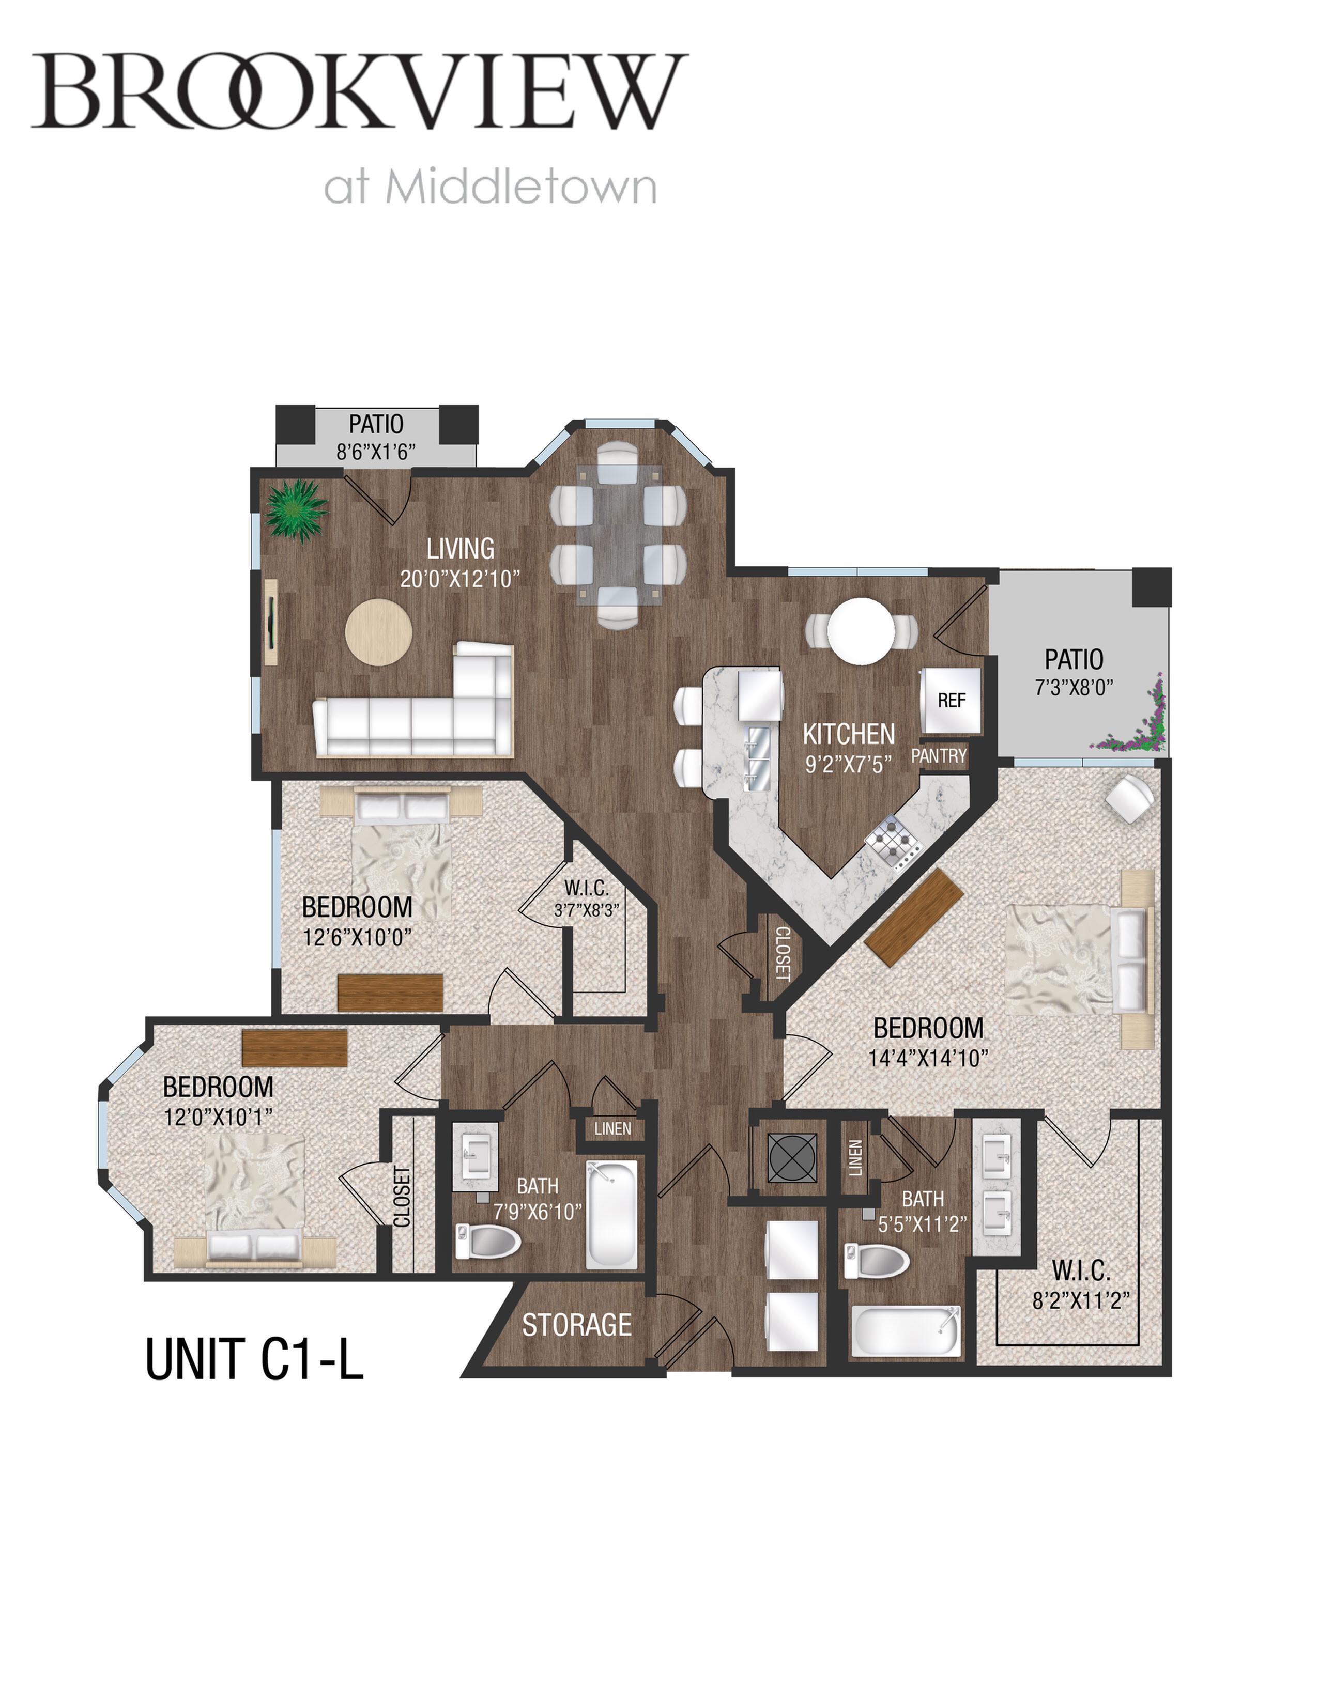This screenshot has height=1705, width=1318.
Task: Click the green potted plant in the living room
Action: click(x=295, y=510)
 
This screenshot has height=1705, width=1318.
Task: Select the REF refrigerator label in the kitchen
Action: click(x=952, y=700)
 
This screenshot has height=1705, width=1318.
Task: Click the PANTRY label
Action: click(x=939, y=756)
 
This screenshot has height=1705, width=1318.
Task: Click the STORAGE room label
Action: click(x=577, y=1325)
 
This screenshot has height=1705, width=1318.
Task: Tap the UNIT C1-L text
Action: click(x=254, y=1358)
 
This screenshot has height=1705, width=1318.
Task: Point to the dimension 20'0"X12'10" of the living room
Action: click(x=460, y=579)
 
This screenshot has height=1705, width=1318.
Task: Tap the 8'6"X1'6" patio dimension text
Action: click(x=376, y=452)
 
